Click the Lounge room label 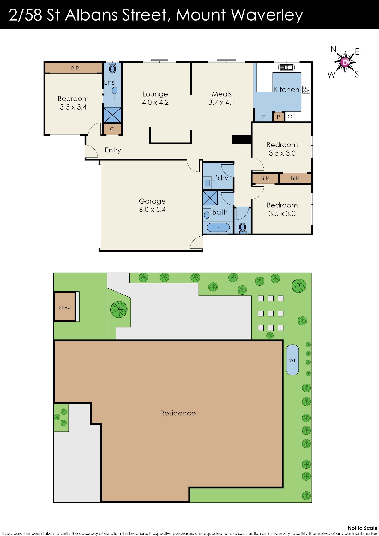[155, 94]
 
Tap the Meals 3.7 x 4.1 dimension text [221, 102]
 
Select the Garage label [152, 201]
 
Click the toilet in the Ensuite [112, 68]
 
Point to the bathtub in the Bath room [218, 227]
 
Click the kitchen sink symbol [286, 68]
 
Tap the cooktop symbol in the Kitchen [306, 90]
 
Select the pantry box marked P [278, 117]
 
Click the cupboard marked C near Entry [112, 129]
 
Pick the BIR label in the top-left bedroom [75, 69]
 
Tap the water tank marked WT [292, 360]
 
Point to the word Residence [178, 413]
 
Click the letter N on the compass [333, 49]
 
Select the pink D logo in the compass [345, 62]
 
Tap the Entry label [113, 150]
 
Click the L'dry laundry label [220, 178]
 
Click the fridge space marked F [264, 117]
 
